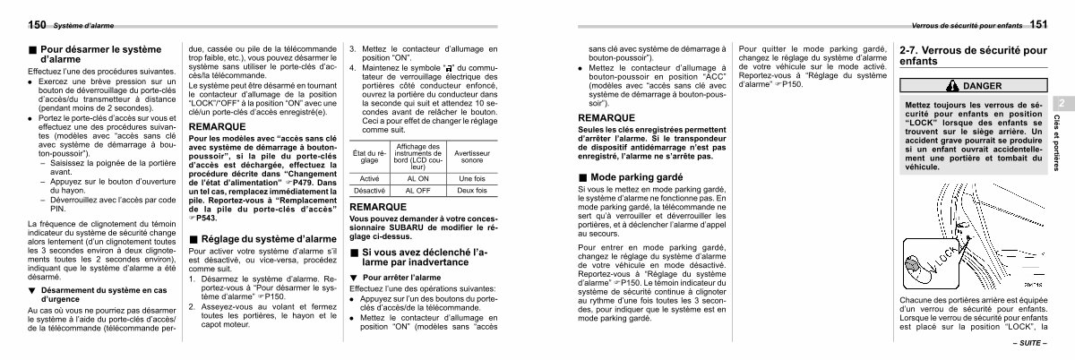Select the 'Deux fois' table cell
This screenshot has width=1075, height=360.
pos(471,191)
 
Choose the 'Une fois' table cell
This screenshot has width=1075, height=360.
pos(471,179)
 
